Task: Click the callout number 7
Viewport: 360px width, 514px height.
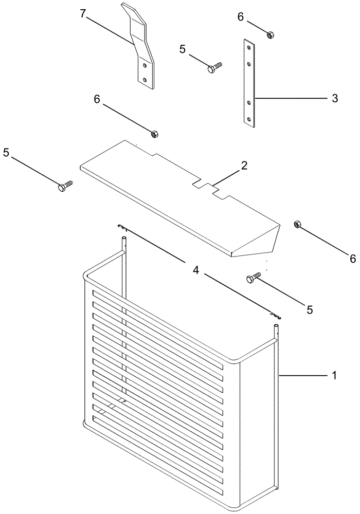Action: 83,14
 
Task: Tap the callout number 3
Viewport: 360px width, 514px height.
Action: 334,98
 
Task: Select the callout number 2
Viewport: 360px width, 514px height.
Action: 244,166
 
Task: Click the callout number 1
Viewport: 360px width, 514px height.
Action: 334,376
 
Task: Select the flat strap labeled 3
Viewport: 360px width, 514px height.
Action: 249,82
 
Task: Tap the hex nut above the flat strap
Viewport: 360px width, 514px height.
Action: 270,34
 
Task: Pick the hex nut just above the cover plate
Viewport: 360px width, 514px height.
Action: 154,134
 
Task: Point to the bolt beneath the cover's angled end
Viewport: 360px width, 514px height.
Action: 254,278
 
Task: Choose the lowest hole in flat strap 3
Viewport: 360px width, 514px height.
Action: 249,119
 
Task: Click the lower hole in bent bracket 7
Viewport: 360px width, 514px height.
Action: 146,78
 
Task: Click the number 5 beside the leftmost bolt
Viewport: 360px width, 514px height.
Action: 6,153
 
